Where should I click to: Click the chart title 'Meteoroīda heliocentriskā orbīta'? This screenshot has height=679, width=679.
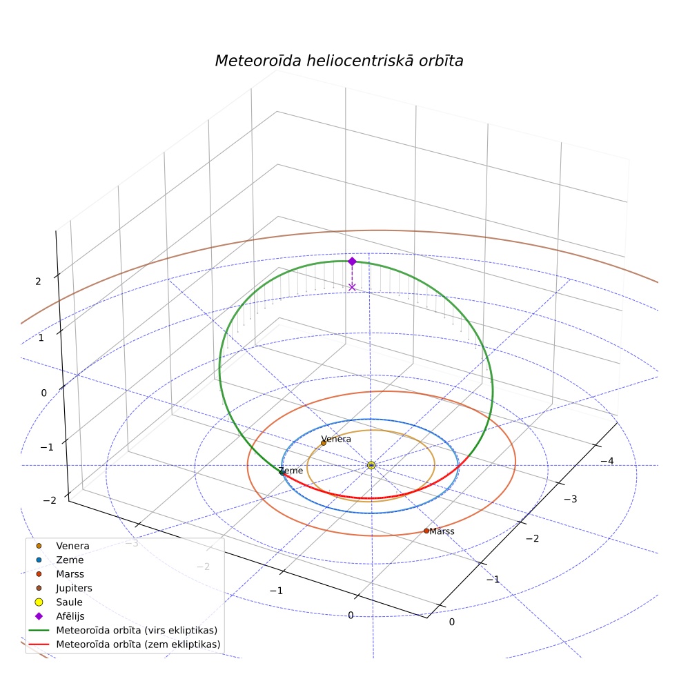click(339, 61)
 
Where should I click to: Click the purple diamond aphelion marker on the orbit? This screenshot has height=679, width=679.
click(352, 261)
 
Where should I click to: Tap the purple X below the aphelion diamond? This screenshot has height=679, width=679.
click(352, 287)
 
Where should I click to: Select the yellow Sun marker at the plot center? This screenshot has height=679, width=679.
click(371, 465)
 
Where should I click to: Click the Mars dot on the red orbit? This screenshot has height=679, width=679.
click(426, 531)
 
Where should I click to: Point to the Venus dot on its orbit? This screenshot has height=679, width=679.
click(324, 443)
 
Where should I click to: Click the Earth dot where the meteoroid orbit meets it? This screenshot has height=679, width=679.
click(282, 473)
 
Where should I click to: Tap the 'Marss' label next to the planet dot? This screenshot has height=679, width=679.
click(442, 531)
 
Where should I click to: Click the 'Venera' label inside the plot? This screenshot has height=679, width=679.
click(336, 439)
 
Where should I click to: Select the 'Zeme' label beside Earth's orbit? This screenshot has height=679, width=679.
click(291, 471)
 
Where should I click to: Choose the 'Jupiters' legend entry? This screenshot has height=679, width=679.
click(74, 588)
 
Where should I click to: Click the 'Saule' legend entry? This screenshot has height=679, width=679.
click(69, 602)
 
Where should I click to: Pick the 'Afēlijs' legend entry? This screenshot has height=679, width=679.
click(70, 616)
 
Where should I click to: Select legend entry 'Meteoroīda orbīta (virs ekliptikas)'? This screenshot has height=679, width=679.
click(137, 630)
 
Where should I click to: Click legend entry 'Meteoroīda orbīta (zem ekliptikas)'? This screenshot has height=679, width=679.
click(138, 644)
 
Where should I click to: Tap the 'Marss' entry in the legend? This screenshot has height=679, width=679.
click(70, 574)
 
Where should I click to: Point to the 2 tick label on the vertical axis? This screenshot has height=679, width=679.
click(38, 282)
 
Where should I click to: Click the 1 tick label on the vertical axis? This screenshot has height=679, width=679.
click(41, 337)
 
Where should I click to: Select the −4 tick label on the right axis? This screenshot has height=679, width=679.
click(607, 461)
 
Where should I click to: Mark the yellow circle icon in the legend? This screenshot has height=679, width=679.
click(39, 602)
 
